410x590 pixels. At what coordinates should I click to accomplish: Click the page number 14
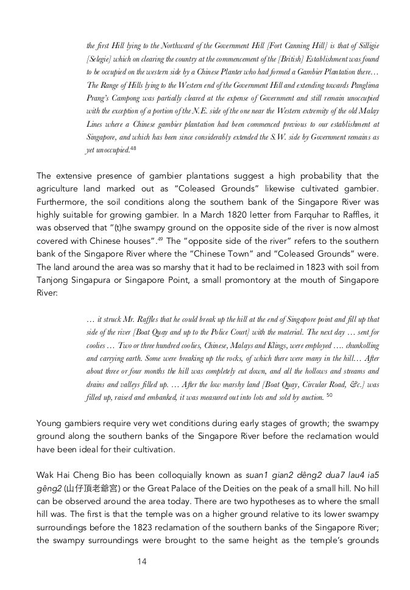point(142,561)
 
